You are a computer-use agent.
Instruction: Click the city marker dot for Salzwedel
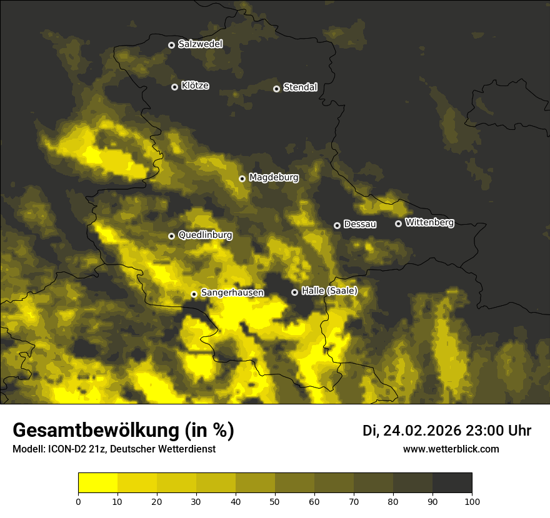coord(171,45)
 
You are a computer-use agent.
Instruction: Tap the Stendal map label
coord(300,87)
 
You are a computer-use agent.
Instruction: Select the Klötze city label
coord(195,86)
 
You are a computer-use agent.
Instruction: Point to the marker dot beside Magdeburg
coord(242,178)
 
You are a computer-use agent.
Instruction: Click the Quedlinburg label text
coord(205,235)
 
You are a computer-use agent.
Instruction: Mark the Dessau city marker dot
coord(337,225)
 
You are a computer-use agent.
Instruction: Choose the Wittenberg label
coord(429,222)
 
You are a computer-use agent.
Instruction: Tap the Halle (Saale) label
coord(329,291)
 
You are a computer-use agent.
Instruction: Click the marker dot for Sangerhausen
coord(194,294)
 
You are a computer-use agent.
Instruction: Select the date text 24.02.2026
coord(422,431)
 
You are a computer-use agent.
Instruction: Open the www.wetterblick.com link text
coord(451,449)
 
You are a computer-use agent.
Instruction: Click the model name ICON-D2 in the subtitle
coord(69,449)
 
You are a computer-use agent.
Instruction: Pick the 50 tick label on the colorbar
coord(275,501)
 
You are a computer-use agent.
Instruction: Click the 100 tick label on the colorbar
coord(472,501)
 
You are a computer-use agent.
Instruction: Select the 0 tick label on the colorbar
coord(78,501)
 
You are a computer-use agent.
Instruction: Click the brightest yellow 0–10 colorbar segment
coord(97,483)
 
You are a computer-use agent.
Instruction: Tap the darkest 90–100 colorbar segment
coord(452,483)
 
